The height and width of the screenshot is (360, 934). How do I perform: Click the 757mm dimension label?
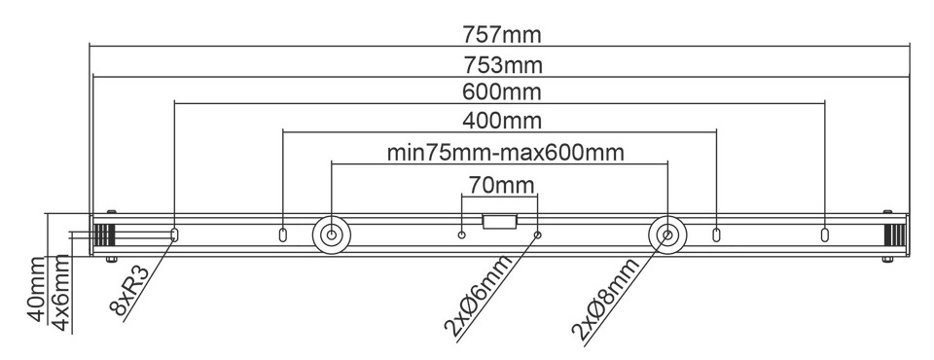click(502, 35)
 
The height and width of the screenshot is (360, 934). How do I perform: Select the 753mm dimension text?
click(503, 65)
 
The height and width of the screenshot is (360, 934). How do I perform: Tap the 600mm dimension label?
click(502, 92)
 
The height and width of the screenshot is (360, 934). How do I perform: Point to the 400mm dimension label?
click(502, 121)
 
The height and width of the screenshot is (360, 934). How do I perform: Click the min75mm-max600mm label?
click(506, 153)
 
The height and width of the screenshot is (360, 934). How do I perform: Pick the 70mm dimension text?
click(501, 186)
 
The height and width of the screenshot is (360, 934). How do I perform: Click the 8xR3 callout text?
click(128, 290)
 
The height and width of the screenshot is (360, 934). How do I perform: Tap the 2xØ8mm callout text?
click(605, 299)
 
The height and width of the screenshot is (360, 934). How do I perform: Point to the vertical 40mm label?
click(37, 289)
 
